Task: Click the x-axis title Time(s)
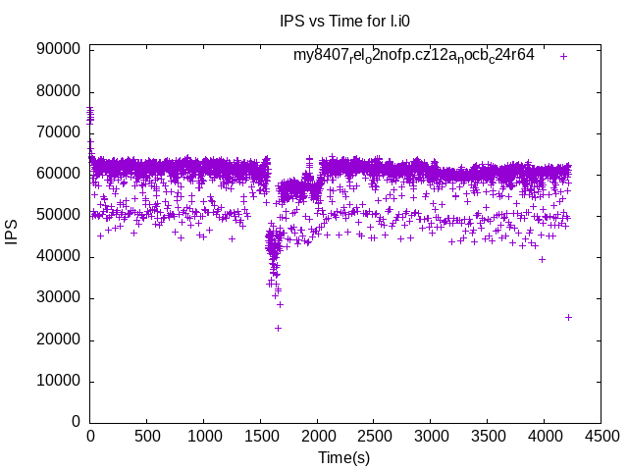pos(343,457)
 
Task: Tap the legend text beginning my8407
pos(413,56)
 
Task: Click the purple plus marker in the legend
pos(564,56)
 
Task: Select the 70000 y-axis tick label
pos(59,132)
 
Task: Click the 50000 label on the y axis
pos(59,215)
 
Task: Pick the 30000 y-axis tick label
pos(59,298)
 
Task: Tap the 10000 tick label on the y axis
pos(59,381)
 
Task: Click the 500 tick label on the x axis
pos(147,435)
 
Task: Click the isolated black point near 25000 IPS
pos(568,317)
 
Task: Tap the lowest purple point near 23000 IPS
pos(278,328)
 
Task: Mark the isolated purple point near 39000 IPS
pos(542,259)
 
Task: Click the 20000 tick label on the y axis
pos(59,340)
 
